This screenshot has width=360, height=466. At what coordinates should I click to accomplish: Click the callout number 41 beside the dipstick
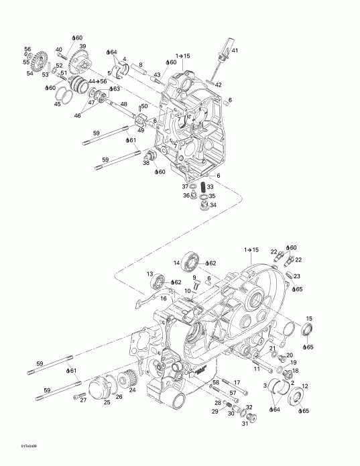234,52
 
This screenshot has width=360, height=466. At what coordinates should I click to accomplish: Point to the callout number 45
58,104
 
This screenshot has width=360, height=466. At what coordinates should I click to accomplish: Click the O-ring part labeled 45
63,95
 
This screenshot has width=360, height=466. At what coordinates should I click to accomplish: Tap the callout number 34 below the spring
213,205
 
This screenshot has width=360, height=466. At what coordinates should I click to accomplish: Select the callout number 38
145,163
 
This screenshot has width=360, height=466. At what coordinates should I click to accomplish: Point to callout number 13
150,274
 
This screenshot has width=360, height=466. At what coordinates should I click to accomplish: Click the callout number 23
297,276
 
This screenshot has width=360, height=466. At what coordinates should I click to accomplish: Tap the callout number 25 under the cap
107,402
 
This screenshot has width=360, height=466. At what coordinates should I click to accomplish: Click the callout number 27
83,400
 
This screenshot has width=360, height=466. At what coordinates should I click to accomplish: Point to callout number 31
245,422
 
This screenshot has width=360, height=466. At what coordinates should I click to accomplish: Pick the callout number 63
117,89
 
